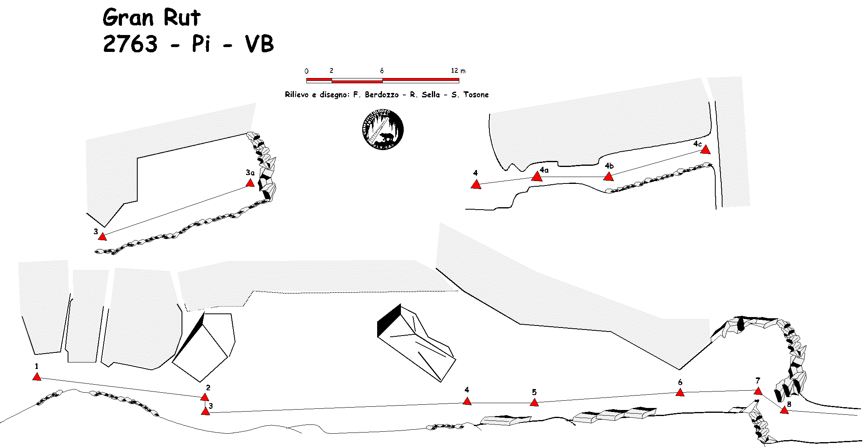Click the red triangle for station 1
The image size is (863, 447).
point(37,377)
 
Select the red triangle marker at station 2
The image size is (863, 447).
point(205,397)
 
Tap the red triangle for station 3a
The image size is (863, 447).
point(250,183)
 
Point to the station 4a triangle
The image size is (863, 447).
point(537,177)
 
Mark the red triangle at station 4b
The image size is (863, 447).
point(609,177)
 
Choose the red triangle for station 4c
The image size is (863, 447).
point(705,150)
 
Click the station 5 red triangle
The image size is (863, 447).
point(534,403)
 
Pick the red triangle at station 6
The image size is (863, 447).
point(680,393)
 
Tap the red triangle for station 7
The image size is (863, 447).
point(758,391)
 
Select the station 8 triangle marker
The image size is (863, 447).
point(784,410)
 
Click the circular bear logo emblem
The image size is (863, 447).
point(382,129)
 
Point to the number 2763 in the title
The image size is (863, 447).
point(130,44)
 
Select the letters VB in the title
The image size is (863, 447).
point(259,44)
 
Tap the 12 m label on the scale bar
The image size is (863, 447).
point(458,71)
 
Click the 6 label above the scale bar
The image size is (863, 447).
point(382,71)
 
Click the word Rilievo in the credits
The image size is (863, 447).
point(297,95)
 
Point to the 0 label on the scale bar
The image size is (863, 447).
point(307,71)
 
